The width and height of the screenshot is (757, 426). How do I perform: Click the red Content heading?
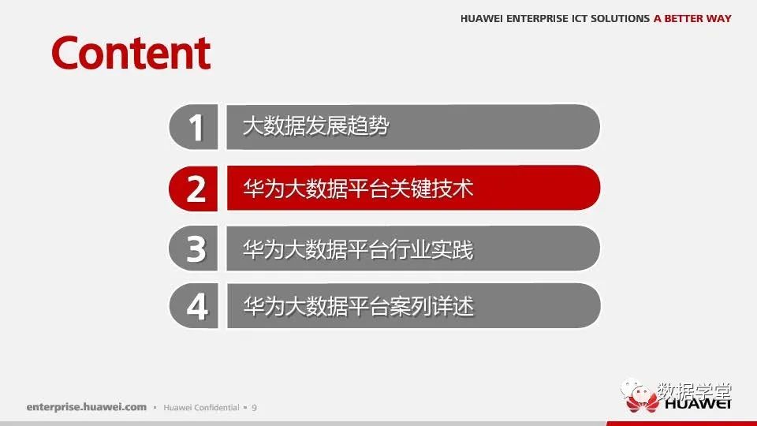pyautogui.click(x=131, y=53)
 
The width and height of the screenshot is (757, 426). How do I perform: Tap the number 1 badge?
pyautogui.click(x=194, y=127)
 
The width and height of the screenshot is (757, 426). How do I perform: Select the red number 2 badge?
pyautogui.click(x=193, y=189)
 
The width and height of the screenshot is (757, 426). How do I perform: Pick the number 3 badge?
pyautogui.click(x=194, y=248)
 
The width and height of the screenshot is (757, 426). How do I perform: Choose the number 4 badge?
pyautogui.click(x=194, y=306)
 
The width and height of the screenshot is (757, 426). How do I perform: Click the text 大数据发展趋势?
pyautogui.click(x=315, y=126)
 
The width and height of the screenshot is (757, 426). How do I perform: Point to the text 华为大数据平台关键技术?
pyautogui.click(x=358, y=189)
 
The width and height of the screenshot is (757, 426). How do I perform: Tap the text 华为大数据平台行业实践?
pyautogui.click(x=358, y=249)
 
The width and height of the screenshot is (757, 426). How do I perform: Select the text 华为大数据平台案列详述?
pyautogui.click(x=359, y=306)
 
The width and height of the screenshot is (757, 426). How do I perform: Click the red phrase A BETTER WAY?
pyautogui.click(x=692, y=18)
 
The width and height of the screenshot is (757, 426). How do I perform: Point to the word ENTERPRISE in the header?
pyautogui.click(x=537, y=18)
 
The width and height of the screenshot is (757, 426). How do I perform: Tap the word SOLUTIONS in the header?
pyautogui.click(x=621, y=18)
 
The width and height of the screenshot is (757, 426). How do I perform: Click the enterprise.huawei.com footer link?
pyautogui.click(x=87, y=407)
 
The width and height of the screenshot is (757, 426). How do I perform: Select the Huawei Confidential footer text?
pyautogui.click(x=201, y=408)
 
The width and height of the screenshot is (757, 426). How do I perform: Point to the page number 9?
pyautogui.click(x=255, y=408)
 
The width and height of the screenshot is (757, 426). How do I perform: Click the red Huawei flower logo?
pyautogui.click(x=642, y=402)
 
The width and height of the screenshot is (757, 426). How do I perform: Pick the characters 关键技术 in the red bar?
pyautogui.click(x=431, y=189)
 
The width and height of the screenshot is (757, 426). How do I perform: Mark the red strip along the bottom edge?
pyautogui.click(x=681, y=424)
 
